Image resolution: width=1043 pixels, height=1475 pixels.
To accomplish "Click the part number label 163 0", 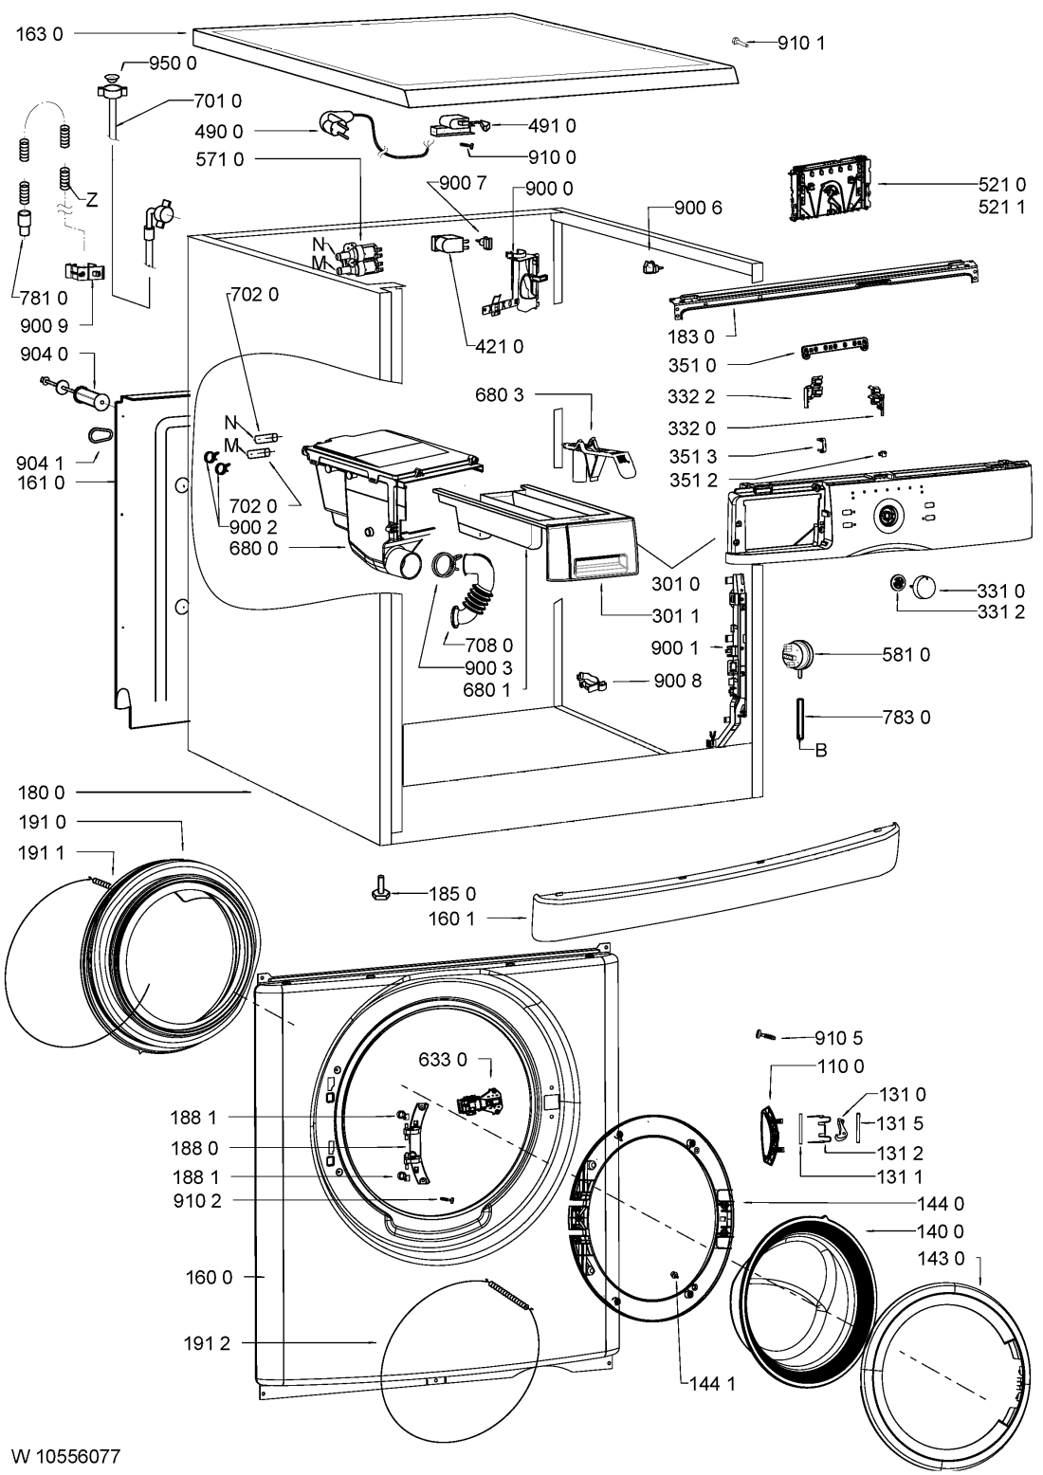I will point(40,33).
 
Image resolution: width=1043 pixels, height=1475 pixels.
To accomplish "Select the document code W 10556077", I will point(65,1455).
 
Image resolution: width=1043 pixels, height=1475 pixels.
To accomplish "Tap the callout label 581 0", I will point(907,654).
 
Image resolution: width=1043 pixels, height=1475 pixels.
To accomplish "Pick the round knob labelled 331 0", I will point(924,589).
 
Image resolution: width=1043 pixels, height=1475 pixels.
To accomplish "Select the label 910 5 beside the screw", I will point(839,1037).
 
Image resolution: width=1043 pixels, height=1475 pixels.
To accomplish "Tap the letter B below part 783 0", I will point(821,751).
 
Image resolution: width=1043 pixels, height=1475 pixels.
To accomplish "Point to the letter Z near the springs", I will point(92,200).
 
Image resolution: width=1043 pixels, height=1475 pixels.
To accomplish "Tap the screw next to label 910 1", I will point(741,42).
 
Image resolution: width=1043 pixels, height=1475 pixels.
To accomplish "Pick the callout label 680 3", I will point(500,394).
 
